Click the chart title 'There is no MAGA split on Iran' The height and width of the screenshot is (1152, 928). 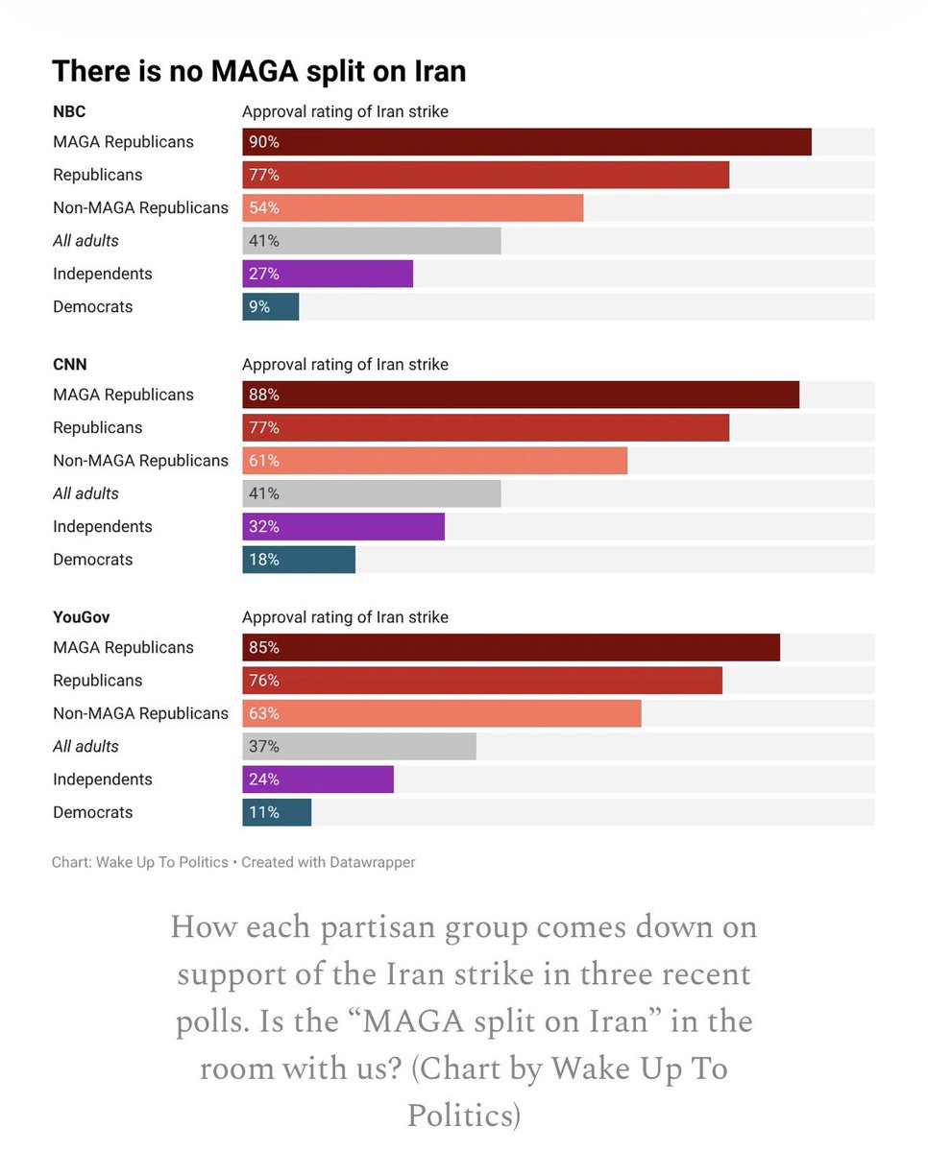tap(258, 71)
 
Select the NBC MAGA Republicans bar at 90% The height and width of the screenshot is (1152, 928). tap(526, 142)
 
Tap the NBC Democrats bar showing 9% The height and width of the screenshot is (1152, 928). tap(271, 307)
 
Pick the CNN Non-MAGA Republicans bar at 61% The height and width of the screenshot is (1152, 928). tap(434, 461)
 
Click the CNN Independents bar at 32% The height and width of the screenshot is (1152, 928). tap(343, 527)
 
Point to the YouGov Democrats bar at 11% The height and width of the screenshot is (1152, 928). tap(277, 812)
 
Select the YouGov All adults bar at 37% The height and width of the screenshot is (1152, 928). tap(358, 747)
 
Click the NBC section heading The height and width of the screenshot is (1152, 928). tap(69, 111)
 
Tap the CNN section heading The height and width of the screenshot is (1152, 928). tap(69, 365)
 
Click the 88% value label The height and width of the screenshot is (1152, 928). tap(263, 395)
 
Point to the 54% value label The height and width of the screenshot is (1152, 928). tap(263, 208)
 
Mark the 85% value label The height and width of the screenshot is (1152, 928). tap(263, 648)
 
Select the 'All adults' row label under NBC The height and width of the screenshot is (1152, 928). tap(85, 241)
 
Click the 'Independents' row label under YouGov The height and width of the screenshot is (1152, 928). tap(102, 780)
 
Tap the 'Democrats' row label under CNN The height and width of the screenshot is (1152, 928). tap(92, 560)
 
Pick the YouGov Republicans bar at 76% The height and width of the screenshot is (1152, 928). tap(481, 681)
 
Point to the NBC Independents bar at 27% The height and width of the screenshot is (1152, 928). tap(327, 274)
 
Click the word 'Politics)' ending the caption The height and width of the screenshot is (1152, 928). tap(464, 1115)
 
